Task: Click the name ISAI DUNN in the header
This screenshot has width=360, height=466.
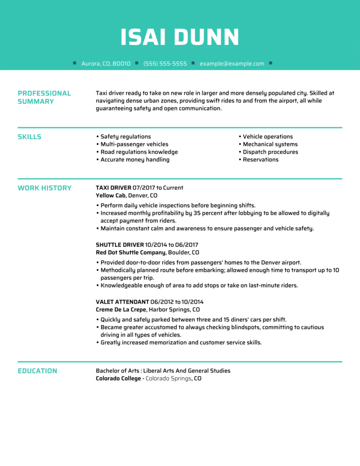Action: (x=180, y=37)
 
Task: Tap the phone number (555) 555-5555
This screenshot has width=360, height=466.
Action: (x=165, y=64)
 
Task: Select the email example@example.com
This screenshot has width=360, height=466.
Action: (x=232, y=64)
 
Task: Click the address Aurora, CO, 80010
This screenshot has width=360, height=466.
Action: (x=106, y=64)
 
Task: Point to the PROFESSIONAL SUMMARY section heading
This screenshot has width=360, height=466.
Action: (x=44, y=97)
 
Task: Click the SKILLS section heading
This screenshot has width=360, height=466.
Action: (x=30, y=137)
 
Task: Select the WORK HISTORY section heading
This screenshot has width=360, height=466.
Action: (x=45, y=188)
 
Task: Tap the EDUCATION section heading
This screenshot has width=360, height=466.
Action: (x=37, y=371)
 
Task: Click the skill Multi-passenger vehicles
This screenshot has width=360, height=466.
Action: (x=134, y=144)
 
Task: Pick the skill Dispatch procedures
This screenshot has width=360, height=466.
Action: (x=270, y=152)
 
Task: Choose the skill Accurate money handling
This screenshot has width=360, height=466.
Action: (x=135, y=160)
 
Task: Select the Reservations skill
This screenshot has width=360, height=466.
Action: (x=260, y=160)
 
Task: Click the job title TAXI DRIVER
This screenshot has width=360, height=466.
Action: (x=113, y=187)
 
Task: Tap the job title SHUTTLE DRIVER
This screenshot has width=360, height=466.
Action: (x=120, y=245)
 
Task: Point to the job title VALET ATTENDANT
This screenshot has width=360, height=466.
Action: (x=122, y=302)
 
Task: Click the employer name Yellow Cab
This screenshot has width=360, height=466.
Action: (x=111, y=195)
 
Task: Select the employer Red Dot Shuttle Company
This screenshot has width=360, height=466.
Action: (x=131, y=253)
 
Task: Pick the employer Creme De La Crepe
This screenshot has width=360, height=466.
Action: (x=121, y=309)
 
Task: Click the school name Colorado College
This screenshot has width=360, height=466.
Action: (x=118, y=379)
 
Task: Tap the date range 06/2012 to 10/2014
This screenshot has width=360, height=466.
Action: (x=177, y=302)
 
